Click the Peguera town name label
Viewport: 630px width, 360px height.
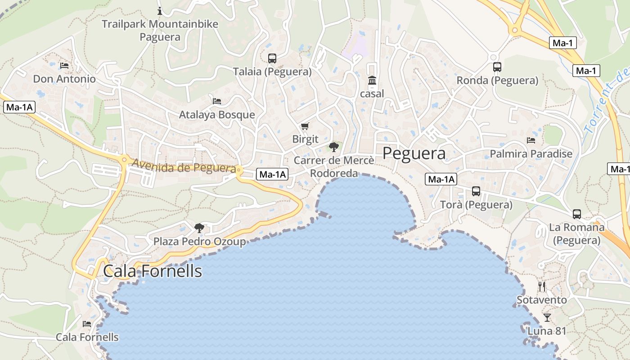click(x=414, y=153)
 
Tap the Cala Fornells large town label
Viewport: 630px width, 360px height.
click(x=153, y=271)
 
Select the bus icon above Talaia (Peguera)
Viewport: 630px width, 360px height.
click(x=272, y=58)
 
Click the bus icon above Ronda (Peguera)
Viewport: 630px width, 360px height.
click(x=497, y=67)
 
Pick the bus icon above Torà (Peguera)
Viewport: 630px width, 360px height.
click(x=476, y=191)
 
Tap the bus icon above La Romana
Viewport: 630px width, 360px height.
click(x=577, y=214)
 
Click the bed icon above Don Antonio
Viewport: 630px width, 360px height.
click(x=64, y=66)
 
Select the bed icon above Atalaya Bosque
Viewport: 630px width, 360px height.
click(x=217, y=101)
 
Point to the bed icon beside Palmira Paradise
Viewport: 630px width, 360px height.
click(x=531, y=140)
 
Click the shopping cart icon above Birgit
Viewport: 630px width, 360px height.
click(x=305, y=126)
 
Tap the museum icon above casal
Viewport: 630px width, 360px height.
click(x=372, y=81)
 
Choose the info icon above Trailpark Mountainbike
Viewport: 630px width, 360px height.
click(x=160, y=11)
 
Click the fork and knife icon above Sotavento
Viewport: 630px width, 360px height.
click(x=542, y=286)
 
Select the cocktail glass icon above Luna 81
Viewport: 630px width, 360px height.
click(x=547, y=318)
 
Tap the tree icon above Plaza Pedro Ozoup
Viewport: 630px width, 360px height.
click(x=199, y=228)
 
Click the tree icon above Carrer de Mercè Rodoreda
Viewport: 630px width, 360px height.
click(x=333, y=147)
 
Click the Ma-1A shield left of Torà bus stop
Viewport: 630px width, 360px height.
click(x=441, y=179)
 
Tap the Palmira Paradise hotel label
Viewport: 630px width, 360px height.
click(x=531, y=154)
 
